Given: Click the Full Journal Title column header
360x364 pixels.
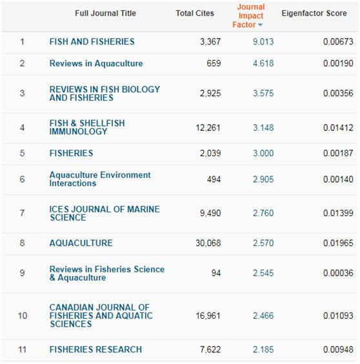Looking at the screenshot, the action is pos(105,14).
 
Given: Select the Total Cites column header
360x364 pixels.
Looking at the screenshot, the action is pos(195,14).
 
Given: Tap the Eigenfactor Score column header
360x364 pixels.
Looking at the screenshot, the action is pos(314,14).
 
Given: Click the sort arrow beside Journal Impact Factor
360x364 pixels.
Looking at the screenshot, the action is pos(260,25).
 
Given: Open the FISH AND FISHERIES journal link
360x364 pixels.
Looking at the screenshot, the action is pos(92,41).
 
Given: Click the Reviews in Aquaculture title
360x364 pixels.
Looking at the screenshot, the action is pos(96,63).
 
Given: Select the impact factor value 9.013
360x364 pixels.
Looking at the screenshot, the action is pos(263,42).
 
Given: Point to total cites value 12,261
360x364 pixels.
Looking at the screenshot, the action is pos(208,128).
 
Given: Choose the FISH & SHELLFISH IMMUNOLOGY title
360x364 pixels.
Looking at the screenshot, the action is pos(87,127).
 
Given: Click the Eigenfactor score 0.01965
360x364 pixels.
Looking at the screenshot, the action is pos(338,243).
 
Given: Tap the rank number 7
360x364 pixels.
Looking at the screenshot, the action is pos(23,213).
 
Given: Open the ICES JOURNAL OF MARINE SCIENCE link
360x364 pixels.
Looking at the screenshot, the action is pos(105,214).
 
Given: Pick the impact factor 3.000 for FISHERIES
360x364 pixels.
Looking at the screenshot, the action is pos(263,153).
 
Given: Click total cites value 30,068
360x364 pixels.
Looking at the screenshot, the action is pos(208,243).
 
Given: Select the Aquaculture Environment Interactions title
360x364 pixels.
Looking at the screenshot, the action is pos(100,179).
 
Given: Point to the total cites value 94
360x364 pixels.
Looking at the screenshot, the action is pos(216,273).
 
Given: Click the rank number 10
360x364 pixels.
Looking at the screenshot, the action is pos(23,316).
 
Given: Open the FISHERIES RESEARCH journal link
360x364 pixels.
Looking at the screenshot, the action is pos(95,349).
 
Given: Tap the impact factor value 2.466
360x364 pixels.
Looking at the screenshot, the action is pos(263,316).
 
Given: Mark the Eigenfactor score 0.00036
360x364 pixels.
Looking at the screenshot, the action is pos(338,273).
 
